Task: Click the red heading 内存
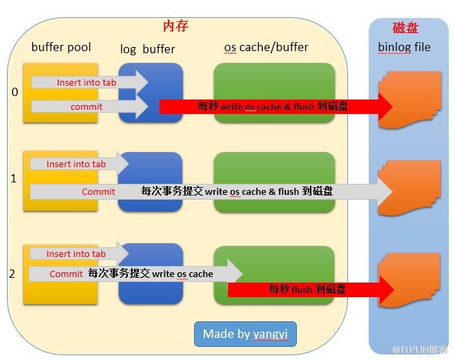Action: pos(175,26)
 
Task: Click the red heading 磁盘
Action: pos(405,28)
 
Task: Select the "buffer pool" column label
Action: pos(61,47)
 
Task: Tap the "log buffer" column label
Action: pos(148,49)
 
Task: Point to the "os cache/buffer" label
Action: pos(266,47)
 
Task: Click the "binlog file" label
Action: pos(404,47)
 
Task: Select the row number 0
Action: pos(14,92)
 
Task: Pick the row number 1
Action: pos(14,178)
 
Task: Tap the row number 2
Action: pos(12,274)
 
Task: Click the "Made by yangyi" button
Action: pos(245,334)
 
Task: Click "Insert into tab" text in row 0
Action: pos(86,82)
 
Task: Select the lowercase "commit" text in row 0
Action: pos(86,107)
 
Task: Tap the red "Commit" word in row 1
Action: pos(98,191)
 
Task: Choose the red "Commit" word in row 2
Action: pos(66,274)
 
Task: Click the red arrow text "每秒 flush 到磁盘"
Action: pos(307,289)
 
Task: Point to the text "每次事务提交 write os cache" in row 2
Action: pos(151,274)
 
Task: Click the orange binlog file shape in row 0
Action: pos(410,100)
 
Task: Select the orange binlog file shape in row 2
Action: pos(409,280)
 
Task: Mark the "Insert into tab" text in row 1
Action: pos(76,164)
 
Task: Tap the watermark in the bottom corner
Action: pos(420,349)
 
